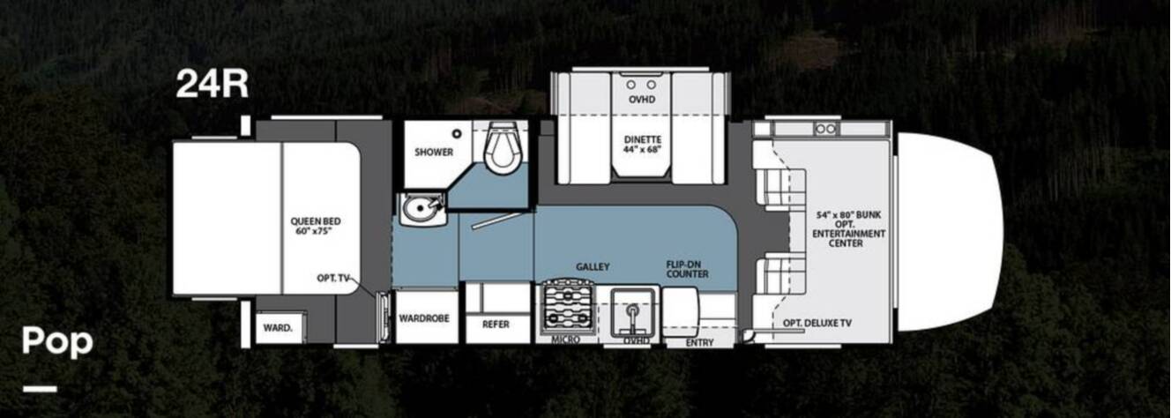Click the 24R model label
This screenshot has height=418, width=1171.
[x=212, y=84]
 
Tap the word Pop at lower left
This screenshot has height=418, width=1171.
[x=57, y=342]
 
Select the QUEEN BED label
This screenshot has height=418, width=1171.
[x=316, y=221]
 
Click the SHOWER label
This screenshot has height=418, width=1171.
[x=434, y=152]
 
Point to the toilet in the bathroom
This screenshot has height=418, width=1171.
[x=503, y=146]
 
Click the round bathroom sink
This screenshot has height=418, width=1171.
[x=419, y=210]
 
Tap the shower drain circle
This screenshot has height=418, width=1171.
[x=458, y=134]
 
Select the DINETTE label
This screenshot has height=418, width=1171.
[x=643, y=140]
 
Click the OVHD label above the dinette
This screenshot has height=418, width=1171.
[x=642, y=100]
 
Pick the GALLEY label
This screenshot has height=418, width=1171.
[x=593, y=267]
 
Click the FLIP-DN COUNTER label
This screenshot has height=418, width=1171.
[x=687, y=269]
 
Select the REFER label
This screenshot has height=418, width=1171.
[x=496, y=325]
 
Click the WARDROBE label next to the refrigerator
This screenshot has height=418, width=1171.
[x=424, y=318]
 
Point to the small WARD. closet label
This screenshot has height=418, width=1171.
[x=278, y=328]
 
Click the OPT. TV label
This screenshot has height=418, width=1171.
[x=332, y=278]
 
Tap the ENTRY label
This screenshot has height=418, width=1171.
[x=699, y=343]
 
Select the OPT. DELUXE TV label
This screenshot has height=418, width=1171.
[x=817, y=324]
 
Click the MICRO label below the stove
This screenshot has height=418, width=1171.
[x=565, y=340]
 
